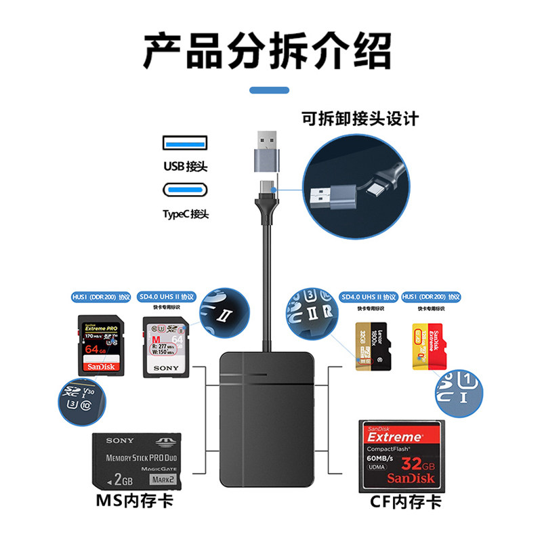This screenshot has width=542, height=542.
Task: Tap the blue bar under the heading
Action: point(269,89)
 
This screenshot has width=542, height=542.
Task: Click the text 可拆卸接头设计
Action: point(360,119)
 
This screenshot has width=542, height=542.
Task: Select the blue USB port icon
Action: point(184,144)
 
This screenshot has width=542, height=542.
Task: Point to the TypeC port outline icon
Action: point(184,190)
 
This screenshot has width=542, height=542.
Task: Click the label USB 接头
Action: point(185,166)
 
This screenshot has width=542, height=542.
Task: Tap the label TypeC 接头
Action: point(185,214)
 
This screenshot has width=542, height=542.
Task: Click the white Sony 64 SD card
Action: point(165,347)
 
